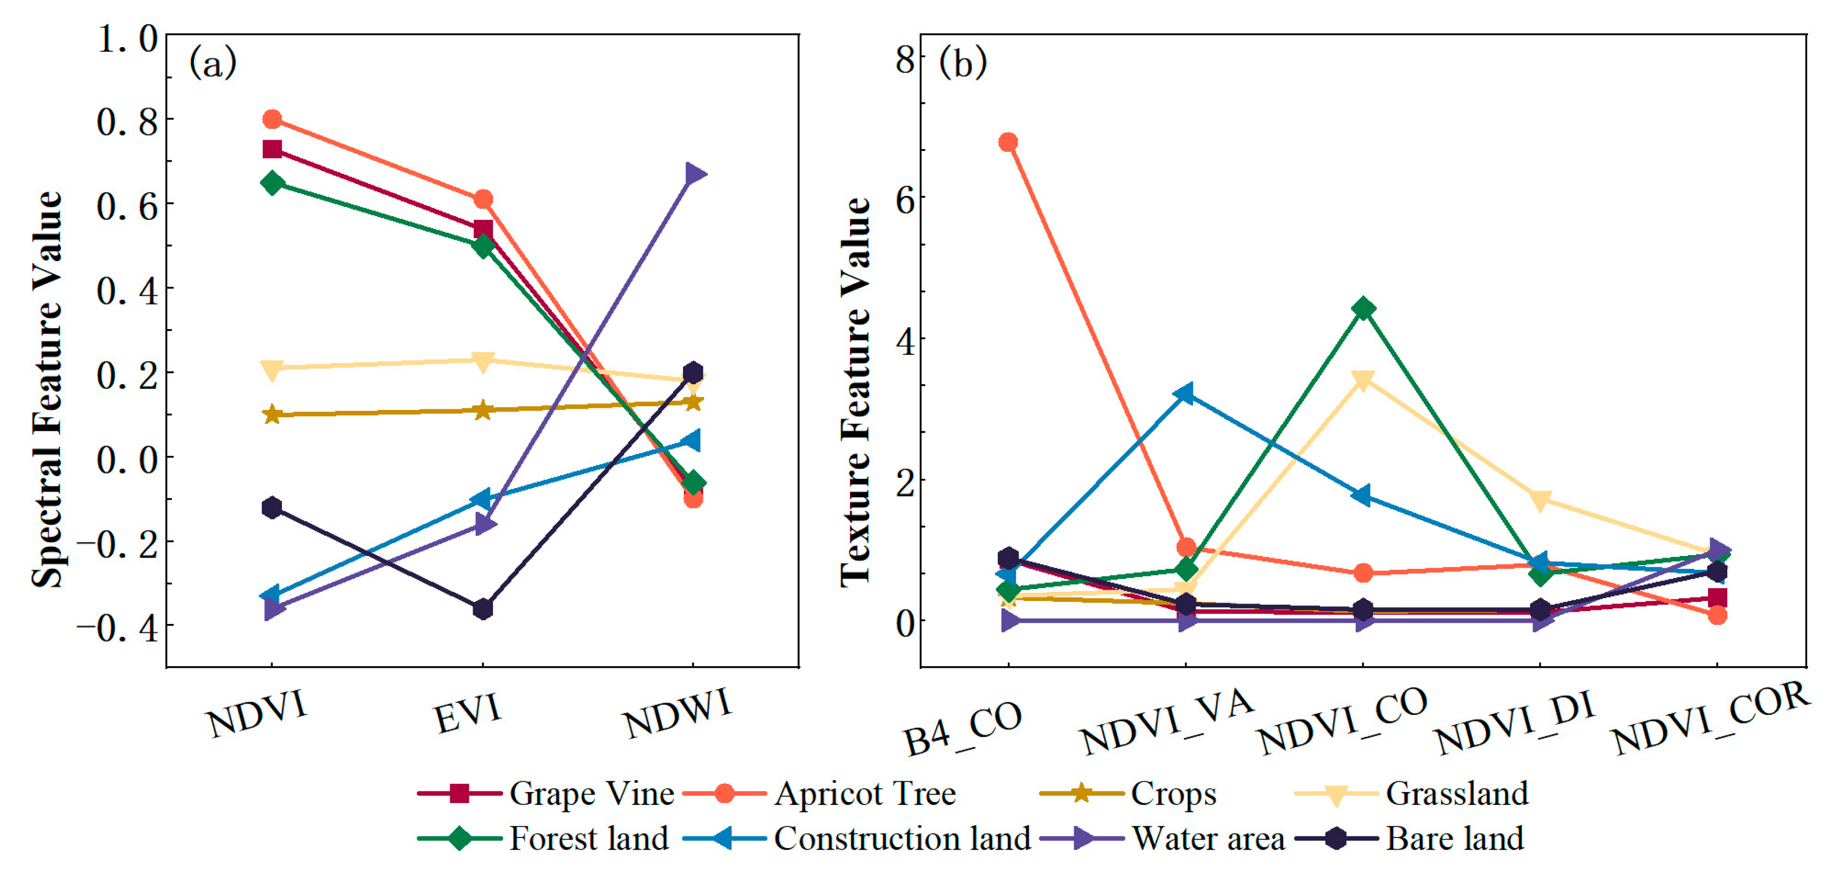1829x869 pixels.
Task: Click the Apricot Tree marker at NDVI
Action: pyautogui.click(x=272, y=119)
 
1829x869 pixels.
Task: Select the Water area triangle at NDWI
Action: pyautogui.click(x=694, y=174)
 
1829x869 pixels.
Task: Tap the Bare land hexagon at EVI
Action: pyautogui.click(x=483, y=608)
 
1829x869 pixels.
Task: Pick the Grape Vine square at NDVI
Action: pyautogui.click(x=272, y=149)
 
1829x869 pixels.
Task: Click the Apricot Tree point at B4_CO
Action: pyautogui.click(x=1008, y=142)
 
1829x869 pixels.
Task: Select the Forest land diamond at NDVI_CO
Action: pyautogui.click(x=1363, y=309)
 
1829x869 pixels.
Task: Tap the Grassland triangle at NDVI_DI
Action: pyautogui.click(x=1539, y=499)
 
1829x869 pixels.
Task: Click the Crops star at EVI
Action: pyautogui.click(x=483, y=410)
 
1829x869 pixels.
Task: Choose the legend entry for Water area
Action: pyautogui.click(x=1207, y=838)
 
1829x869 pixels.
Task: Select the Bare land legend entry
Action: pyautogui.click(x=1454, y=838)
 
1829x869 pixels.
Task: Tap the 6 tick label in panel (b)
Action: pyautogui.click(x=905, y=200)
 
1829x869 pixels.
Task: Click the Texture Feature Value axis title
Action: pyautogui.click(x=855, y=391)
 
